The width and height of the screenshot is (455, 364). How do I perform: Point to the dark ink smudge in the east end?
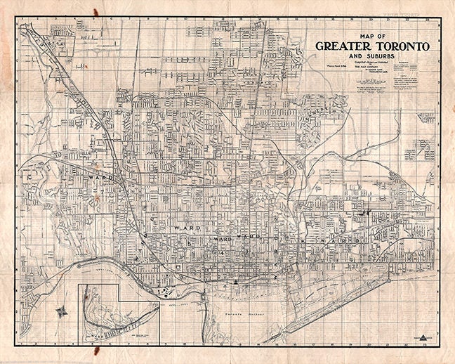(x=362, y=210)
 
